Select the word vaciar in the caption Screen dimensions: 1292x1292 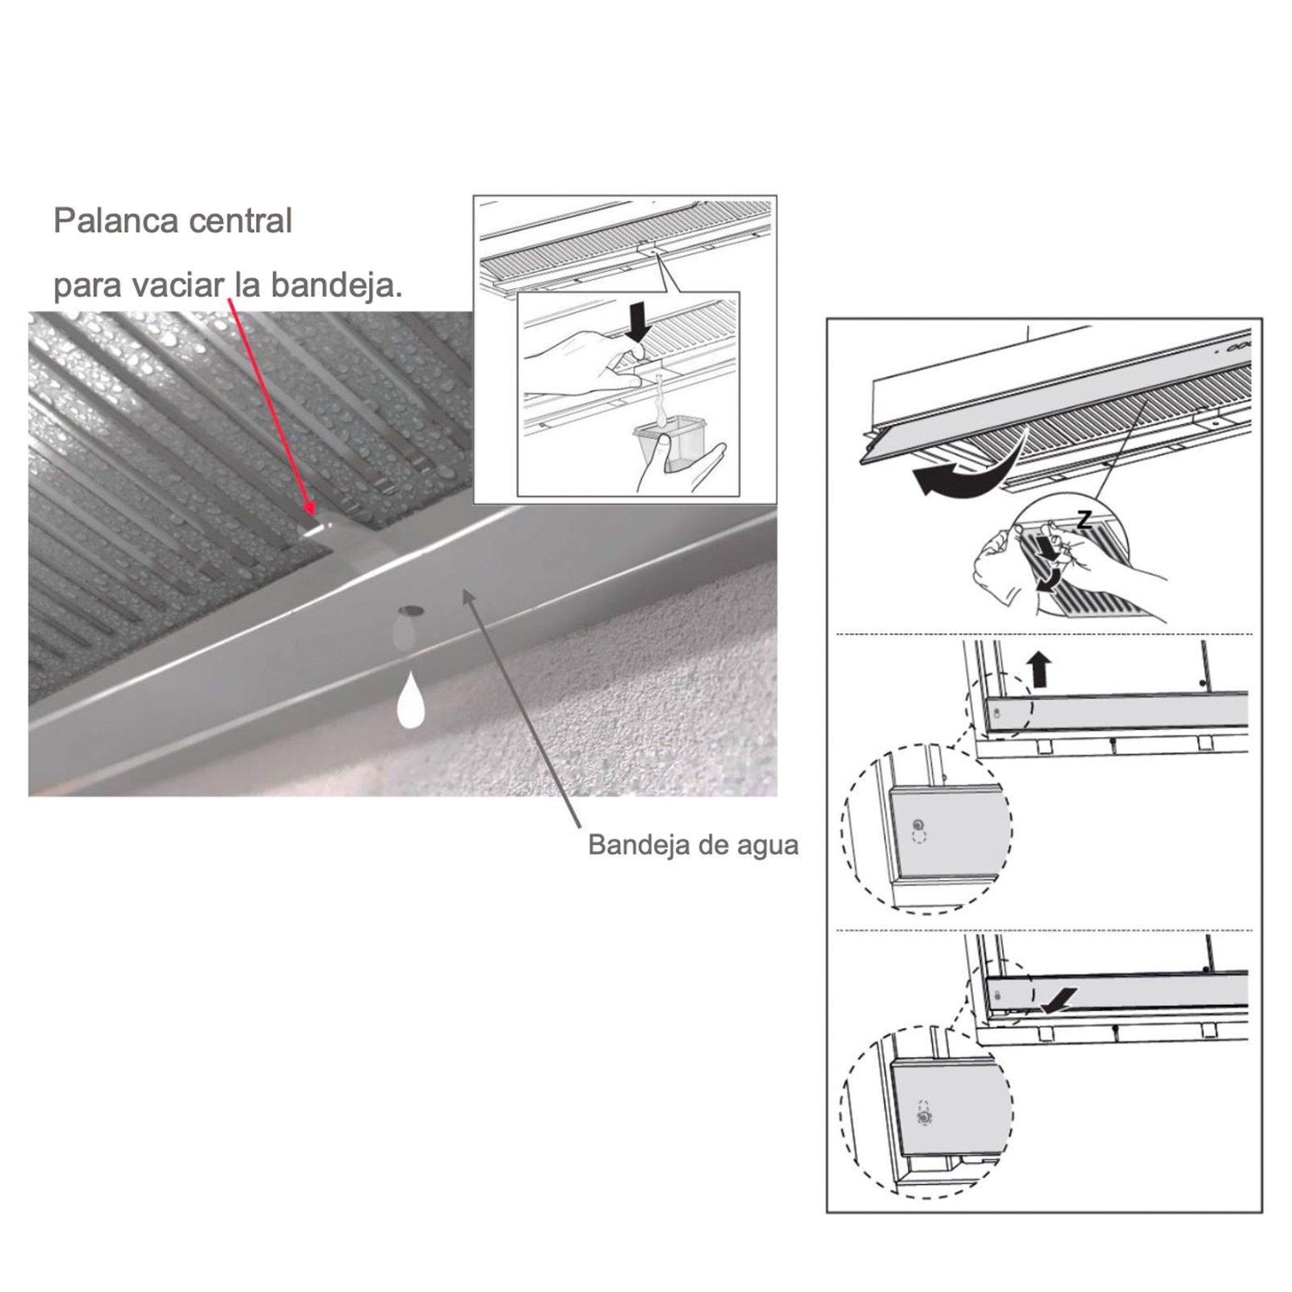[x=181, y=285]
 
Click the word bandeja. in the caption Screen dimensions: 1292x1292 [x=335, y=285]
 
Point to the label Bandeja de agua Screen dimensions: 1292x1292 [x=693, y=845]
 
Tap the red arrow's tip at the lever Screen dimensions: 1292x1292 [x=313, y=515]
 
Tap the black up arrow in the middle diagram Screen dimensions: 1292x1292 [x=1041, y=670]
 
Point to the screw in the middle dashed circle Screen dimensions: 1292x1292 [x=917, y=825]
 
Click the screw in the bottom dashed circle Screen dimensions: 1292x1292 [x=924, y=1117]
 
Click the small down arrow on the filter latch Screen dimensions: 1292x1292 [x=1048, y=547]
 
